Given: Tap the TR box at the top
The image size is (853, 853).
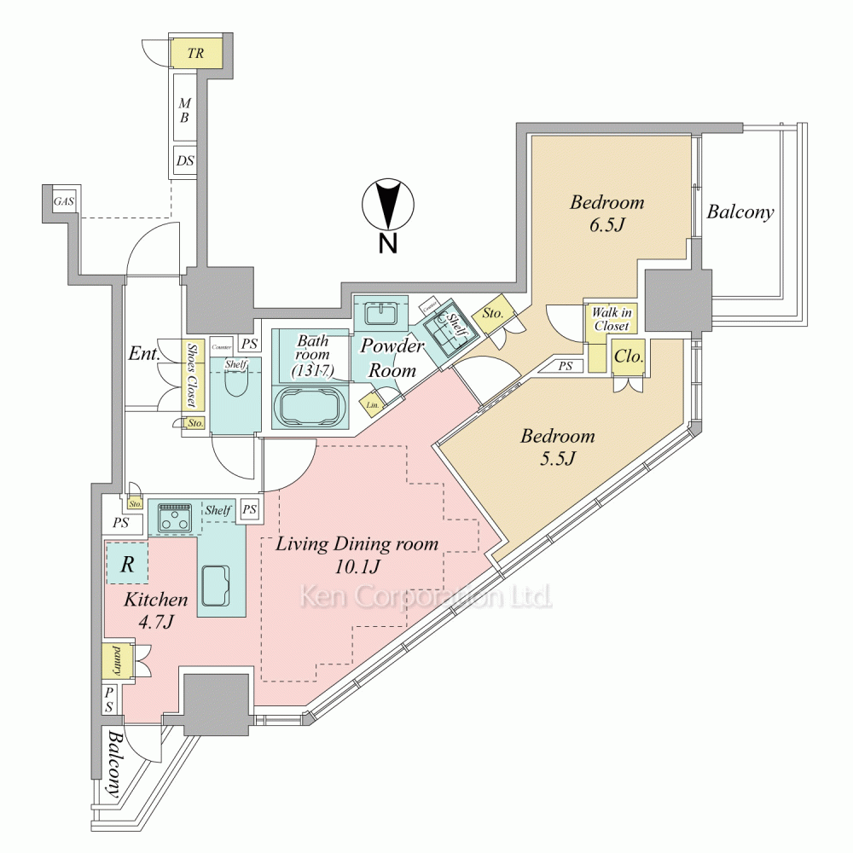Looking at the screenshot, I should point(196,53).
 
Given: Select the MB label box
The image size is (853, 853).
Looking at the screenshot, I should point(184,110).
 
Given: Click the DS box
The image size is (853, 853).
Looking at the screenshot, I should point(184,160).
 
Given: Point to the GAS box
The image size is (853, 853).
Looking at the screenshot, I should point(63,202).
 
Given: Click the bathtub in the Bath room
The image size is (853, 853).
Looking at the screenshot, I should point(309,406).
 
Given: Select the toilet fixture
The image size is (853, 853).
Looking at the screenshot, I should point(234,392).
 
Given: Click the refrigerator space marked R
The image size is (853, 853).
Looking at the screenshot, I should point(127,564).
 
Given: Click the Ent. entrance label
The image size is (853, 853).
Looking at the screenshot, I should point(144,353).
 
